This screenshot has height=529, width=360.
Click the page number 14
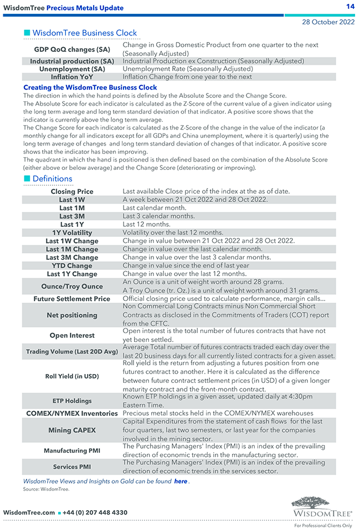pos(350,6)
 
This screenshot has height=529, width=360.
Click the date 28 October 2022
pos(328,22)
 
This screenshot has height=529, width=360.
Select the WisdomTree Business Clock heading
pos(84,33)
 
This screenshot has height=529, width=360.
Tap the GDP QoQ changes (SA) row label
pos(72,49)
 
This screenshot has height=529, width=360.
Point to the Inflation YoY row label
pos(72,77)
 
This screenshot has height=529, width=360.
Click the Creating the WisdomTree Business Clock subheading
pos(90,87)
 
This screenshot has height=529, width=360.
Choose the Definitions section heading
pos(52,179)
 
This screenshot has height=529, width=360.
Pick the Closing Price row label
pos(72,191)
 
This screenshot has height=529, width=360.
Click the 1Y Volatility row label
pos(72,233)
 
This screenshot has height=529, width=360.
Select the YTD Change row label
pos(72,266)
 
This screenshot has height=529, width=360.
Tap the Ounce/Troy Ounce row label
pos(72,287)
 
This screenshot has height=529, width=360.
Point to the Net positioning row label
pos(72,315)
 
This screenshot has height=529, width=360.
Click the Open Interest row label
pos(72,335)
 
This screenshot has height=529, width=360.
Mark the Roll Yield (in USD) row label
pos(72,376)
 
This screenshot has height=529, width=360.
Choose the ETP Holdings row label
pos(72,401)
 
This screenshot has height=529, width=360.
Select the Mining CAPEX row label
pos(72,430)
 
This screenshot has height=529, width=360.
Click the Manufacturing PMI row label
pos(72,451)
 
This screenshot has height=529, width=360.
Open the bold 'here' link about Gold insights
pos(181,481)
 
